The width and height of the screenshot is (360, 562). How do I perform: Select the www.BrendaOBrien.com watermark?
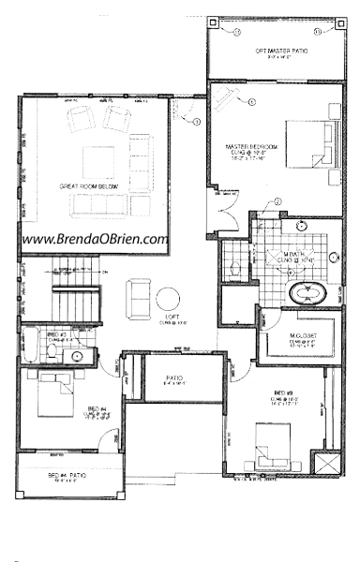pos(95,239)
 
